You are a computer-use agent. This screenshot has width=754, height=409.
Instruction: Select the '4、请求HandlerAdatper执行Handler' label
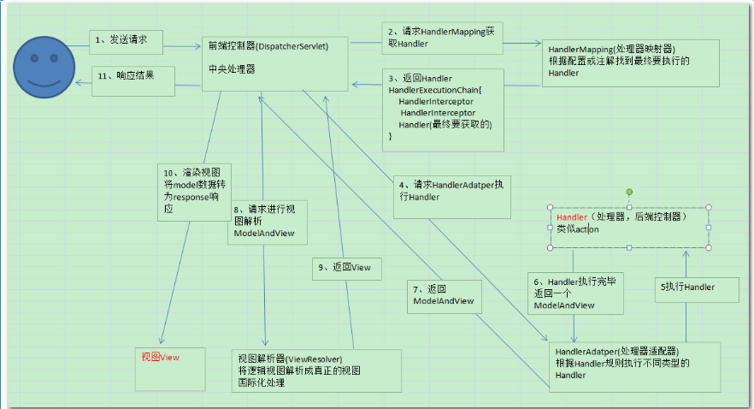(x=445, y=190)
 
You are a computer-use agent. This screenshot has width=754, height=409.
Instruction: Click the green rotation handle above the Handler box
(x=629, y=192)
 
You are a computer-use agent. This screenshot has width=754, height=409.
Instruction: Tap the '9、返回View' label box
(x=345, y=267)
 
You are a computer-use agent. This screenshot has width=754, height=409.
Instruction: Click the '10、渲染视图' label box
(x=193, y=191)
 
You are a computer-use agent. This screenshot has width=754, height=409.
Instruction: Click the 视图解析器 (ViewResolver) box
(x=316, y=370)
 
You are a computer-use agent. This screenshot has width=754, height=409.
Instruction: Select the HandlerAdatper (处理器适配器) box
(x=633, y=363)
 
